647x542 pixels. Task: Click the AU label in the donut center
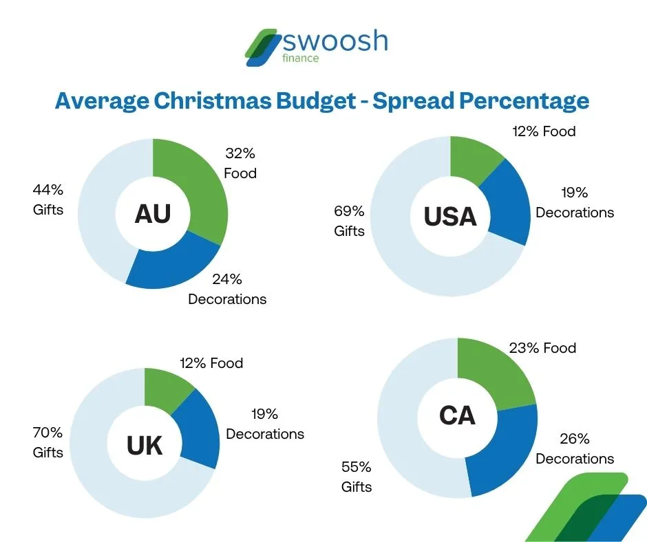click(x=152, y=214)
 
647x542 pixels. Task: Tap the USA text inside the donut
click(x=449, y=217)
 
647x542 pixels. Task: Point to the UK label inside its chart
click(x=145, y=446)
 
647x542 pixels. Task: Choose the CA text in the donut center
click(x=456, y=415)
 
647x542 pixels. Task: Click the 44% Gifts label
click(x=48, y=199)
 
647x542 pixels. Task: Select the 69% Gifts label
click(x=349, y=221)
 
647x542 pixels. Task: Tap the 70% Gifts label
click(x=48, y=442)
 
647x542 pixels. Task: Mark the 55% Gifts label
click(x=357, y=477)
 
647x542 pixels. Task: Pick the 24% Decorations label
click(x=227, y=289)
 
